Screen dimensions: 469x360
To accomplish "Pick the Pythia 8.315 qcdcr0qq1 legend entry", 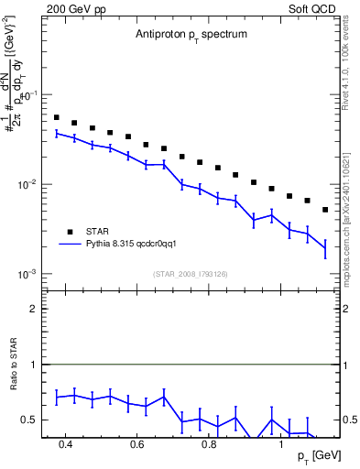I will coord(136,245).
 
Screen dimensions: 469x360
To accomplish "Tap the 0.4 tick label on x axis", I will coord(66,445).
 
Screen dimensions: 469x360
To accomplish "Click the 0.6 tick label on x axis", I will coord(137,445).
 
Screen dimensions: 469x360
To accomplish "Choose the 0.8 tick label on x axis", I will coord(209,445).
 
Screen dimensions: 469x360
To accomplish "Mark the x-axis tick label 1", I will coord(281,445).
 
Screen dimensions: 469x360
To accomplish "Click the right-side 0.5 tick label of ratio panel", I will coord(349,420).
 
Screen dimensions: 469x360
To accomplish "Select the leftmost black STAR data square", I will coord(57,117).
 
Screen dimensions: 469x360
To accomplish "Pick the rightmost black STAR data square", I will coord(325,210).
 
